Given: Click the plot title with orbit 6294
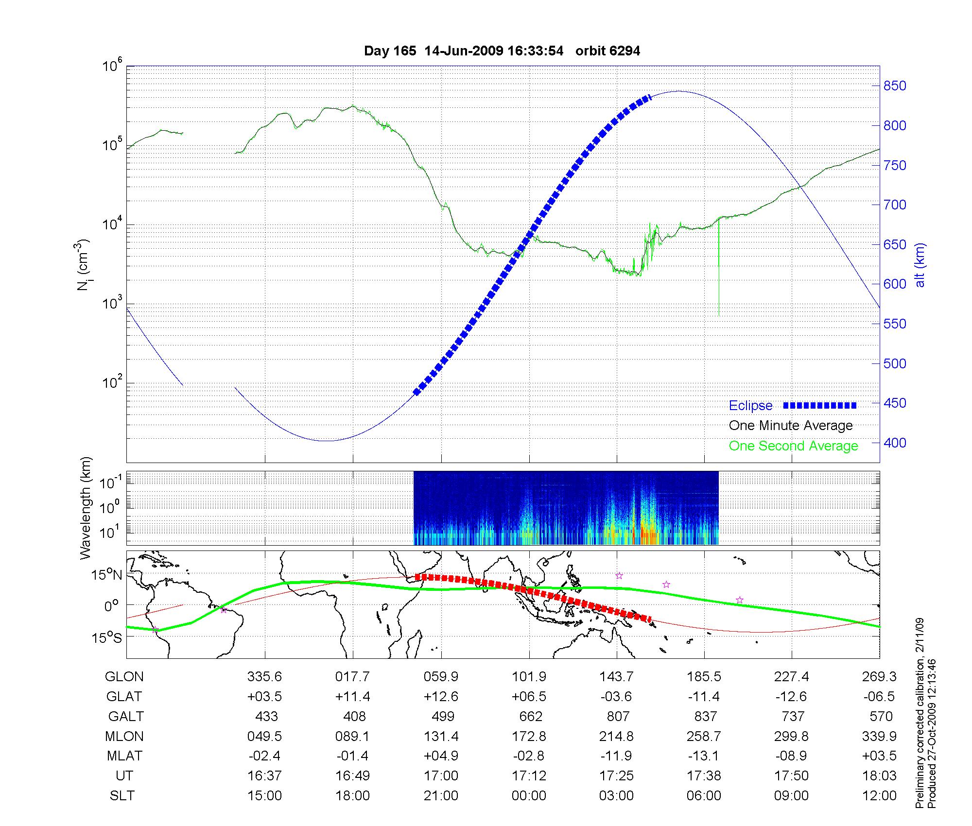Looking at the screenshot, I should point(502,51).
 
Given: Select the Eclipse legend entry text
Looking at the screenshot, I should point(750,405).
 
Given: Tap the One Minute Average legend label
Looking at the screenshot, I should point(791,426).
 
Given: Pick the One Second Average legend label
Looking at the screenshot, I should point(793,446).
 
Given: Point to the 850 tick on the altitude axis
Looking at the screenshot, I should point(895,86).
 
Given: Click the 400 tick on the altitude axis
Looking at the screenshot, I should point(895,443).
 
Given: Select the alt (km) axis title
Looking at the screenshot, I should point(920,265).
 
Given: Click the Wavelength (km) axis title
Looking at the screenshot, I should point(86,508).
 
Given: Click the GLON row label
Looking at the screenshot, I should point(124,676).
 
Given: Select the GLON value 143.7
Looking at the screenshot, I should point(616,676).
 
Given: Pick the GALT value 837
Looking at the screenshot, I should point(705,716).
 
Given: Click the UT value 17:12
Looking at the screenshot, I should point(529,776).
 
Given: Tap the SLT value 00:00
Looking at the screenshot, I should point(529,796).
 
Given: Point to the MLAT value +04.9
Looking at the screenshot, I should point(441,756).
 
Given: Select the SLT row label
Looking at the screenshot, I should point(122,796).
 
